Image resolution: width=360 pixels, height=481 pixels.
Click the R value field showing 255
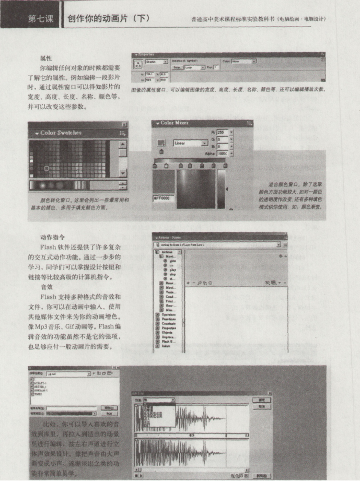(223, 133)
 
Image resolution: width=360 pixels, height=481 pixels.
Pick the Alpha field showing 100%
(223, 154)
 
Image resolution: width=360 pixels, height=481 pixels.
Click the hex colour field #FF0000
(163, 199)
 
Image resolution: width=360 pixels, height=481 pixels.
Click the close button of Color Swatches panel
(124, 124)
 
